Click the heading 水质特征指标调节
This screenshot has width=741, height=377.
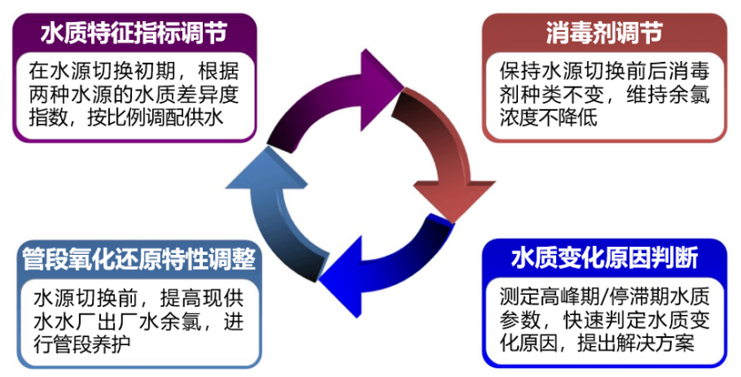[x=134, y=33]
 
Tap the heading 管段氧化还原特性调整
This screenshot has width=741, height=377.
[x=139, y=259]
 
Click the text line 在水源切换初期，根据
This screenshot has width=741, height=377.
[x=133, y=71]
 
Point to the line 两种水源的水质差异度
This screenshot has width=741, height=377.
[x=133, y=94]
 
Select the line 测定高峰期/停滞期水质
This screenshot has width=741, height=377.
[x=601, y=296]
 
